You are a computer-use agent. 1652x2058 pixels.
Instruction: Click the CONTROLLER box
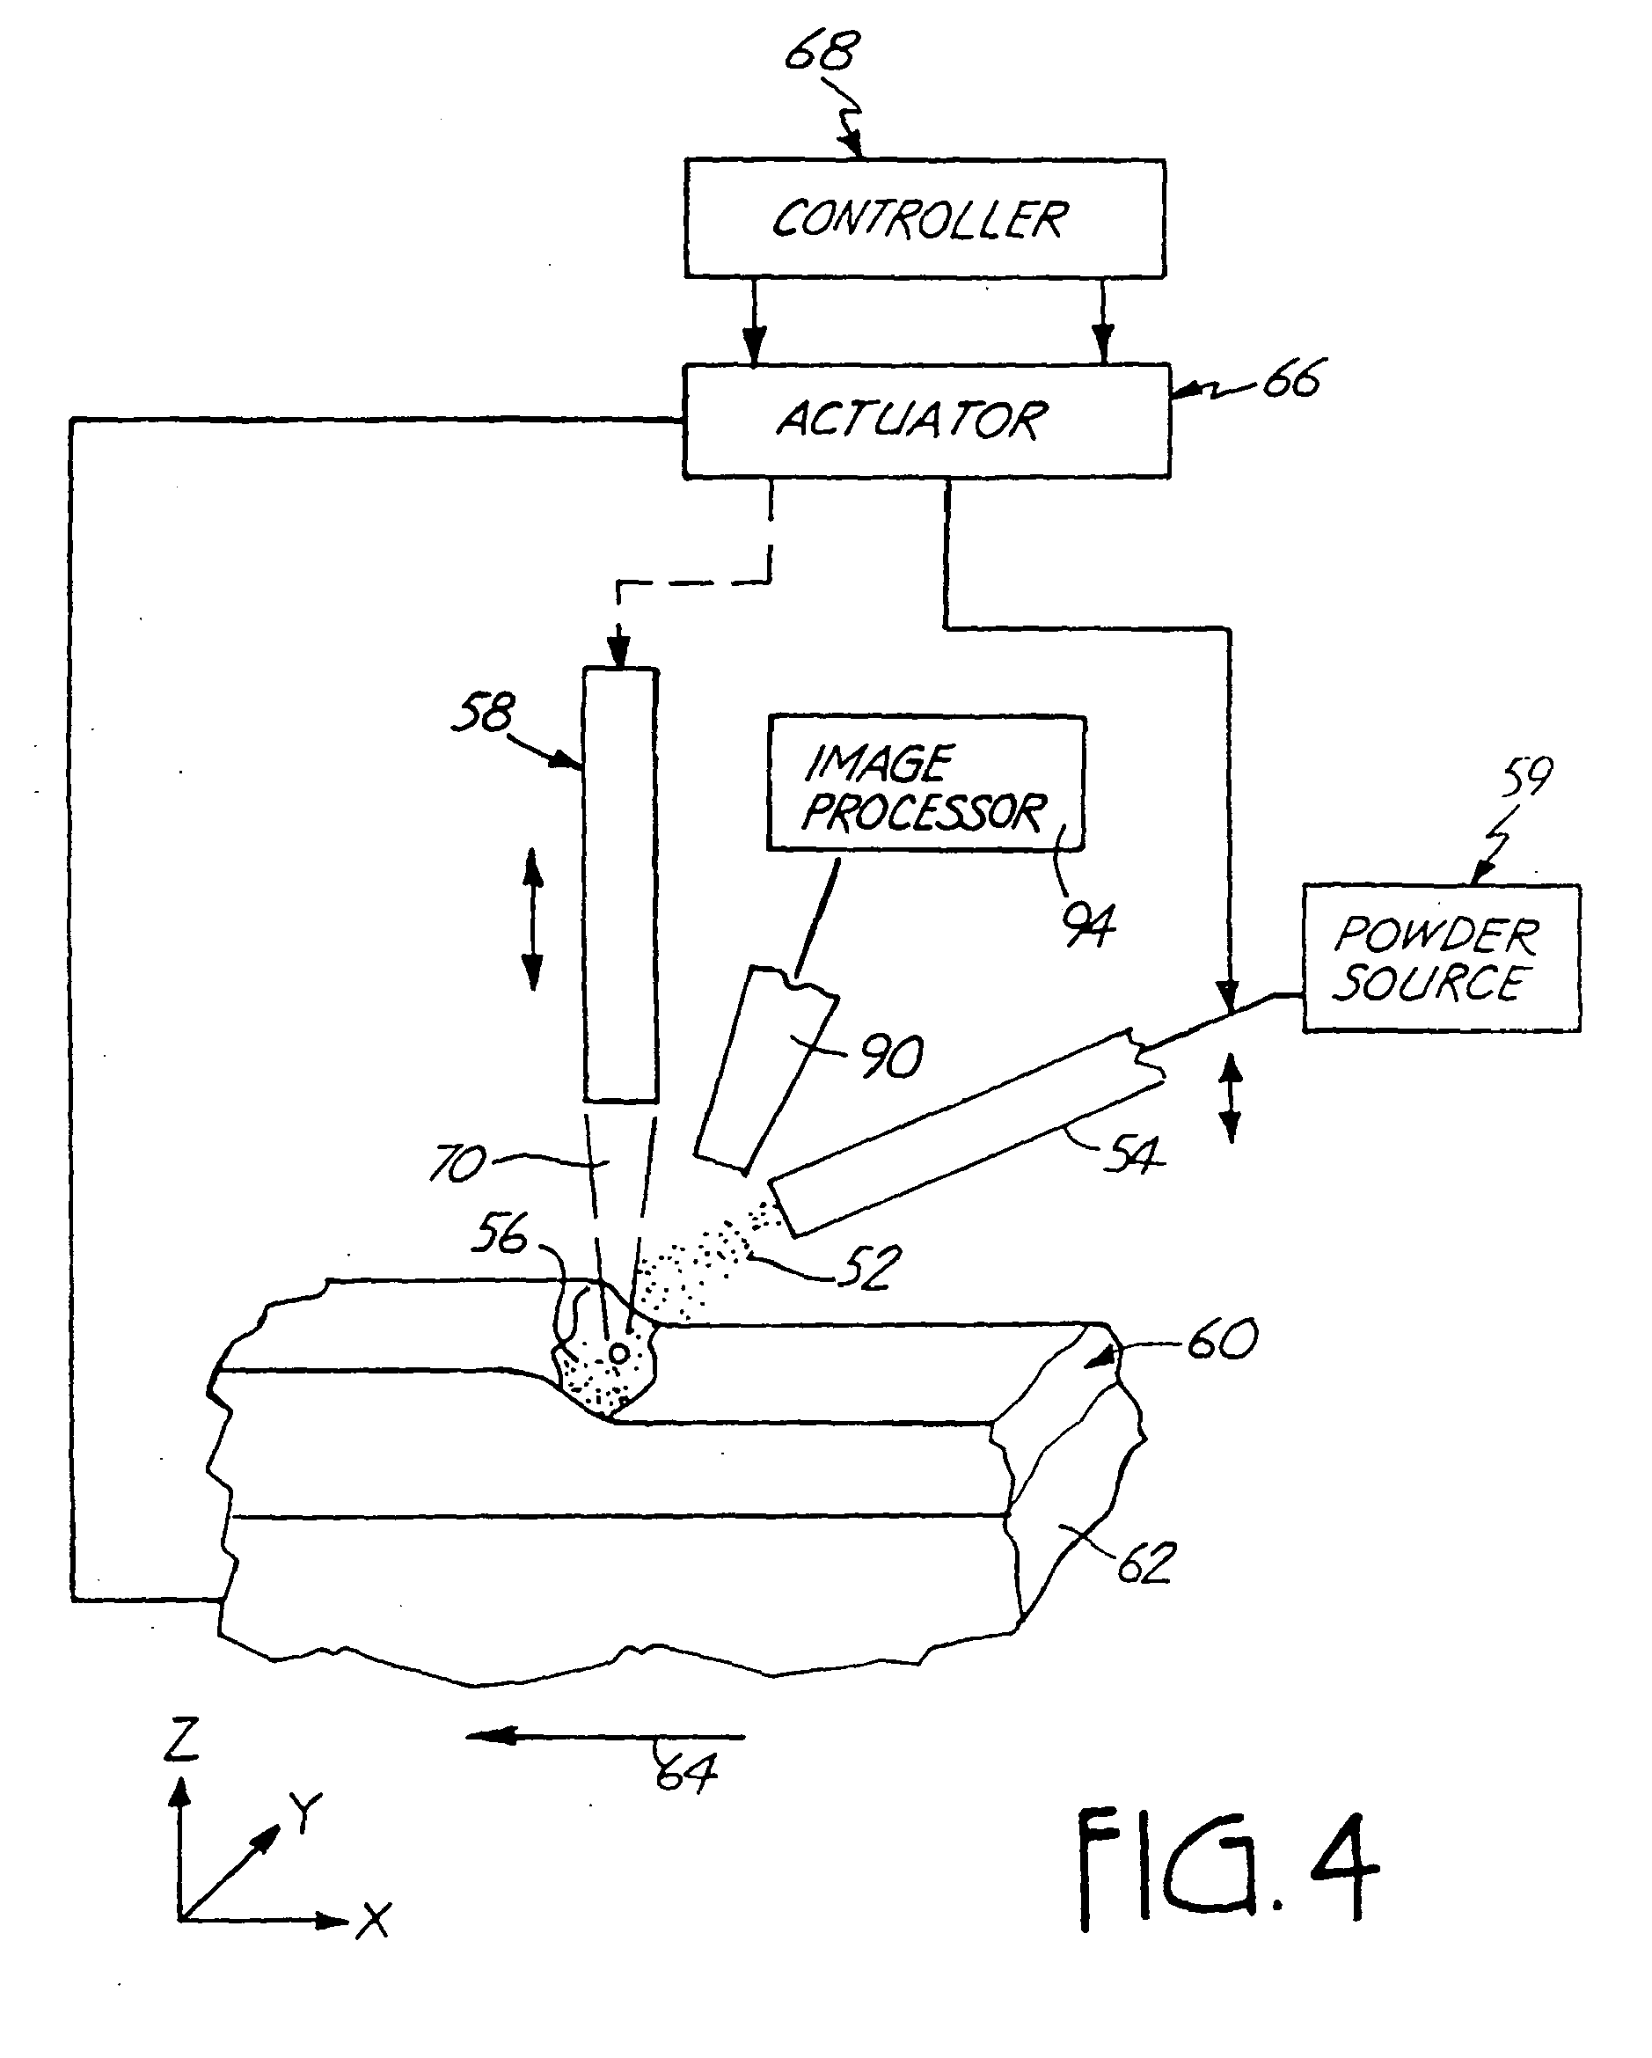click(x=924, y=218)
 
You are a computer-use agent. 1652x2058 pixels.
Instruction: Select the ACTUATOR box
click(x=925, y=420)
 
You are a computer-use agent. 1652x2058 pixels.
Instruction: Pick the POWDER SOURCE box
click(x=1441, y=958)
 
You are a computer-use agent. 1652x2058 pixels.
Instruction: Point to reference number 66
click(x=1293, y=380)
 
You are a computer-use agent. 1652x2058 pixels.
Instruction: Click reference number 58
click(x=484, y=713)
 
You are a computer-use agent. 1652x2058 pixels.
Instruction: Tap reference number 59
click(x=1527, y=778)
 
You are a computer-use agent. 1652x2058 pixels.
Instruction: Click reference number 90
click(x=891, y=1057)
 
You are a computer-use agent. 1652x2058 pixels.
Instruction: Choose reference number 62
click(x=1144, y=1563)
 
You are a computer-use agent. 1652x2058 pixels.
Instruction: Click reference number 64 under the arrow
click(x=686, y=1774)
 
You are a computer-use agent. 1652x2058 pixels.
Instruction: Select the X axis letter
click(x=373, y=1920)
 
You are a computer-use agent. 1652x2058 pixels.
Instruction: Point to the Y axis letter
click(x=305, y=1812)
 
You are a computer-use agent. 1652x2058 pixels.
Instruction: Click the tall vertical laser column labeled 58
click(x=621, y=884)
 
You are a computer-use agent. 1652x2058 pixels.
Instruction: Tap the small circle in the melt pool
click(x=618, y=1352)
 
